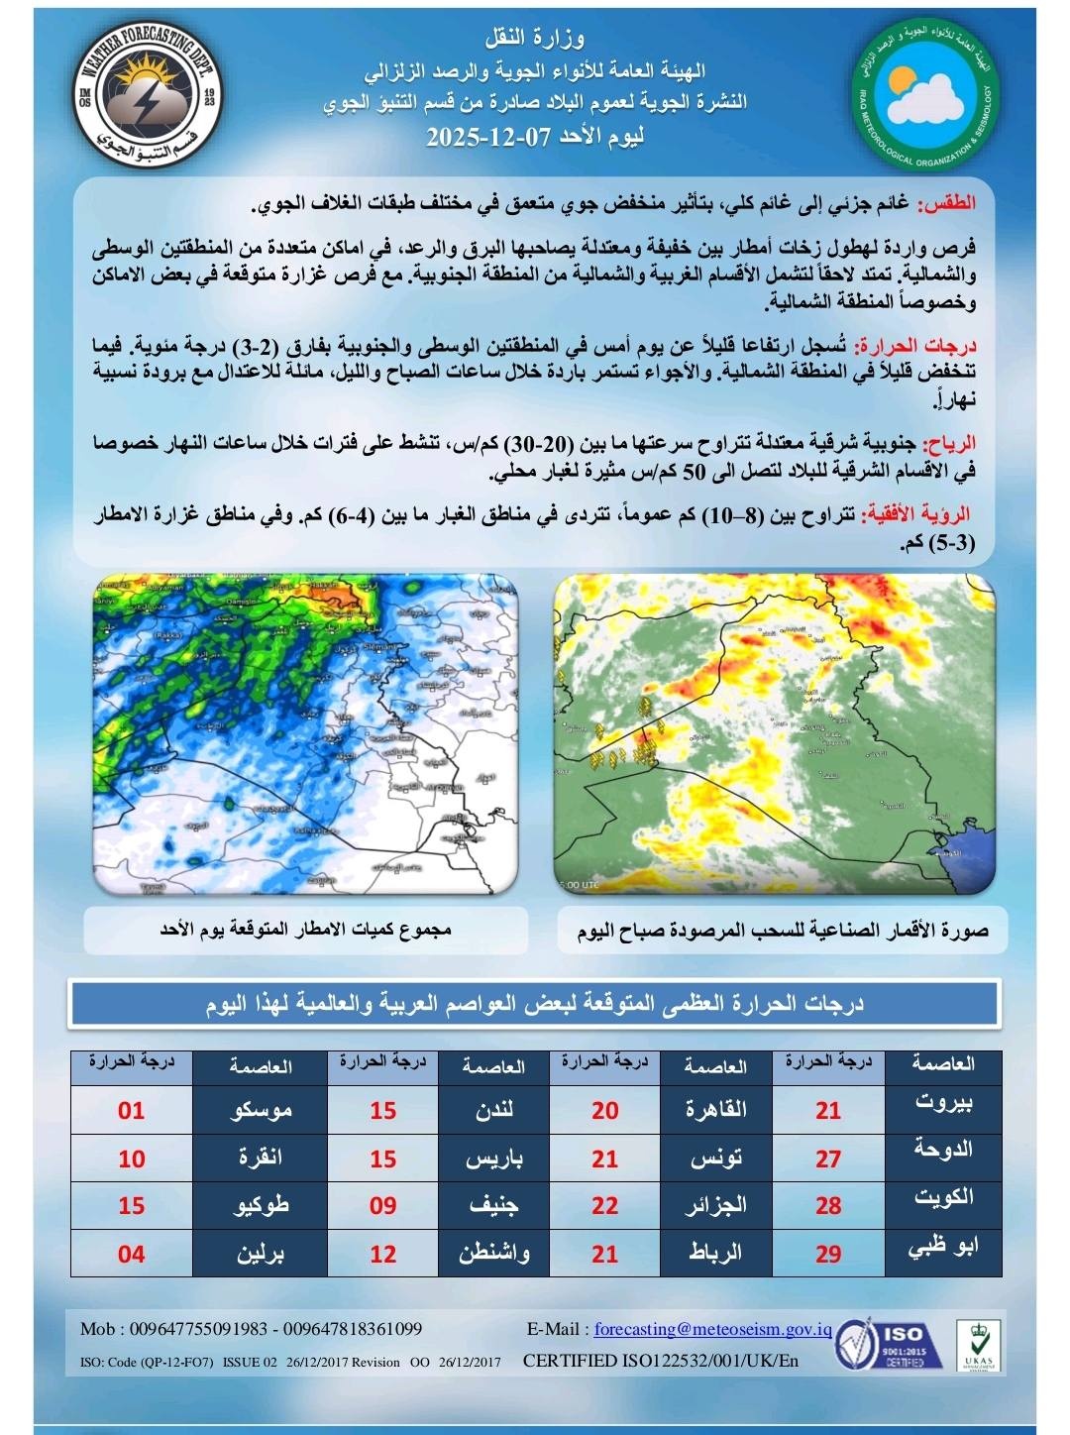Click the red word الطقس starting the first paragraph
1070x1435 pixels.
pyautogui.click(x=950, y=204)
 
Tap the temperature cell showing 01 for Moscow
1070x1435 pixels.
pyautogui.click(x=132, y=1110)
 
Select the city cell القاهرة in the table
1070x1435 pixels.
pyautogui.click(x=715, y=1110)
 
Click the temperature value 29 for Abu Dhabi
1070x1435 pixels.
pyautogui.click(x=828, y=1254)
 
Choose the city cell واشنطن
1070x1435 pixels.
pyautogui.click(x=493, y=1254)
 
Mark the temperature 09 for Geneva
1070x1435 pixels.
pyautogui.click(x=382, y=1206)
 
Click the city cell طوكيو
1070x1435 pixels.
pyautogui.click(x=261, y=1206)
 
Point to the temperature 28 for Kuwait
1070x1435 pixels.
pyautogui.click(x=828, y=1206)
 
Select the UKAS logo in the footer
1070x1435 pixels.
pyautogui.click(x=978, y=1345)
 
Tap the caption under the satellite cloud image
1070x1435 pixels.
pyautogui.click(x=783, y=932)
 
